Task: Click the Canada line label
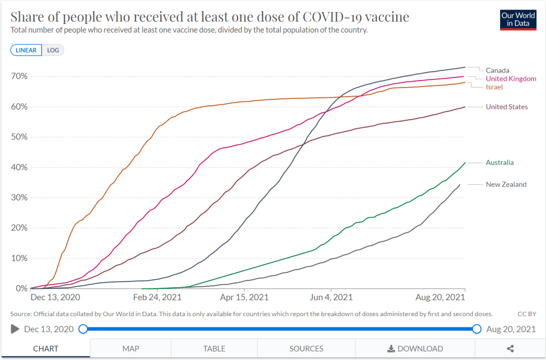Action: pyautogui.click(x=497, y=71)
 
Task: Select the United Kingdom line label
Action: pyautogui.click(x=511, y=79)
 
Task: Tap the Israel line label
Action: pyautogui.click(x=494, y=87)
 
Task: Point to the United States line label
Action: pyautogui.click(x=507, y=107)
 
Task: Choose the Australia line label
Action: pyautogui.click(x=500, y=162)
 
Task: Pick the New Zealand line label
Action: pyautogui.click(x=506, y=185)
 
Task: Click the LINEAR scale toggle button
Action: pyautogui.click(x=26, y=50)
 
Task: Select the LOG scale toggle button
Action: pyautogui.click(x=52, y=50)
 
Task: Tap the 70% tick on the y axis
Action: pyautogui.click(x=19, y=76)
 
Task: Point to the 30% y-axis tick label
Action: pyautogui.click(x=19, y=198)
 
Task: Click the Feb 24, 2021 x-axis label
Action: pyautogui.click(x=157, y=297)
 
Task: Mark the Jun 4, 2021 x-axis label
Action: pyautogui.click(x=332, y=297)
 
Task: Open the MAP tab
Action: pyautogui.click(x=131, y=349)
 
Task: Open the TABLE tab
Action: pyautogui.click(x=214, y=349)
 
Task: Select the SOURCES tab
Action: pyautogui.click(x=306, y=349)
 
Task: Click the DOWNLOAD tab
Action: pyautogui.click(x=415, y=349)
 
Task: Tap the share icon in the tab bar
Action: pyautogui.click(x=510, y=349)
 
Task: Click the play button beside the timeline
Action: pyautogui.click(x=15, y=329)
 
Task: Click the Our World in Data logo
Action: pyautogui.click(x=518, y=20)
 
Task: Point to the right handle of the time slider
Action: pyautogui.click(x=477, y=329)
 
